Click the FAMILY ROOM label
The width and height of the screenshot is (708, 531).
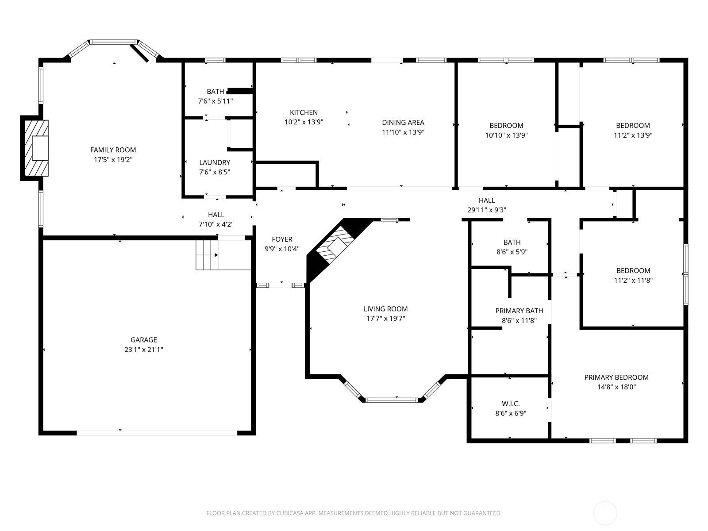coord(113,150)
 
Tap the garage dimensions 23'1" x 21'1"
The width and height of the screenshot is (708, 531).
coord(144,350)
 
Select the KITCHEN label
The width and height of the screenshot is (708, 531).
coord(304,112)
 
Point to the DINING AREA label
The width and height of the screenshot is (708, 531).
coord(403,123)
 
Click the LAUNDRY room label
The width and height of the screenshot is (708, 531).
coord(215,162)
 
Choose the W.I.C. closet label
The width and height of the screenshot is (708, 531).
coord(511,404)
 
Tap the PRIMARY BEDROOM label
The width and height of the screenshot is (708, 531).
coord(616,377)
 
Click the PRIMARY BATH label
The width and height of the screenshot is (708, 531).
coord(519,311)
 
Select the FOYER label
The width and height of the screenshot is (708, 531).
coord(282,239)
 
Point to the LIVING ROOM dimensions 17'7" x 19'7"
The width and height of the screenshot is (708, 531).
coord(386,319)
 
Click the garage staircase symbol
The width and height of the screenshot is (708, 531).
coord(207,255)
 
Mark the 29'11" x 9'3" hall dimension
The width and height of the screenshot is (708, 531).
coord(487,210)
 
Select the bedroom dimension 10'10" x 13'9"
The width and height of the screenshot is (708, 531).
coord(506,135)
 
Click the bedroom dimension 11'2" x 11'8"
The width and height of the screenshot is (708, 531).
coord(633,280)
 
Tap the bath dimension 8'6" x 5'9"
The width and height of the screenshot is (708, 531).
coord(512,252)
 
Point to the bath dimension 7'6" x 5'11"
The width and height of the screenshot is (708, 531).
coord(215,101)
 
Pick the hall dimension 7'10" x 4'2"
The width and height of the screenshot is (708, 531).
coord(216,224)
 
